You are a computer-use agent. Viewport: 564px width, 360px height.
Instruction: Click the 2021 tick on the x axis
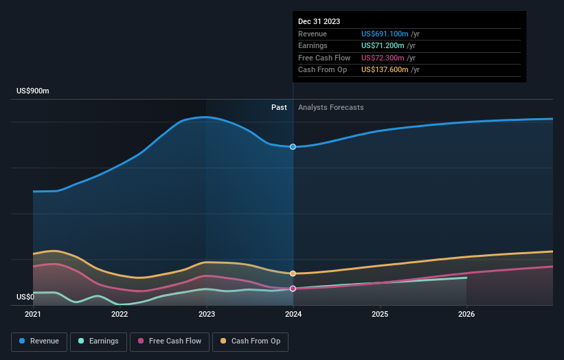click(33, 315)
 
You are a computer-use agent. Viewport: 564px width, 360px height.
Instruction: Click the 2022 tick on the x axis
click(120, 315)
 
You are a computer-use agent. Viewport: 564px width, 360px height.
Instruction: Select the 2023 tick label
click(207, 315)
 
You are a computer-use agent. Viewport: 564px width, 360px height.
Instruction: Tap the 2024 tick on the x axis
click(293, 315)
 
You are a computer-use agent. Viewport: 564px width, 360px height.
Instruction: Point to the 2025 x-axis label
click(380, 315)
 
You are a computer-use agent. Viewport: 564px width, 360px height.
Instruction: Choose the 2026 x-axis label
click(466, 315)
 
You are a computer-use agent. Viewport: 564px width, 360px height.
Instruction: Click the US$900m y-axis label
click(33, 91)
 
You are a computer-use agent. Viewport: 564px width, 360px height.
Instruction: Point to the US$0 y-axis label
click(25, 297)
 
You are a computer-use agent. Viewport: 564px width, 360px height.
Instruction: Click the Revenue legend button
click(39, 341)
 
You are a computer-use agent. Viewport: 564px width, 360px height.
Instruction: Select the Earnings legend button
click(99, 341)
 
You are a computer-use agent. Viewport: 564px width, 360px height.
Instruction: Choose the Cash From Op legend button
click(251, 341)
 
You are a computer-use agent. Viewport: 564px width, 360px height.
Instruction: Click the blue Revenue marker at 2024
click(293, 146)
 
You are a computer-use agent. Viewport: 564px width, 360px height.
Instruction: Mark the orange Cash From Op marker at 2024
click(293, 273)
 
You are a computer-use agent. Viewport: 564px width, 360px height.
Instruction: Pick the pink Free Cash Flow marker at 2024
click(293, 289)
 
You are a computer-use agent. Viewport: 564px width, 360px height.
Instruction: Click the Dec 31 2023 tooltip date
click(319, 22)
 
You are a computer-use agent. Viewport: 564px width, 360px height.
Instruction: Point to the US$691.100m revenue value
click(385, 34)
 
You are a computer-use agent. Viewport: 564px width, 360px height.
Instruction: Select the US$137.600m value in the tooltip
click(385, 70)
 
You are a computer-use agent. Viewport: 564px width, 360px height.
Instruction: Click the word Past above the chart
click(279, 107)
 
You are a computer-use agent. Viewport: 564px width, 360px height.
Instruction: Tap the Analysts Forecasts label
click(330, 107)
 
